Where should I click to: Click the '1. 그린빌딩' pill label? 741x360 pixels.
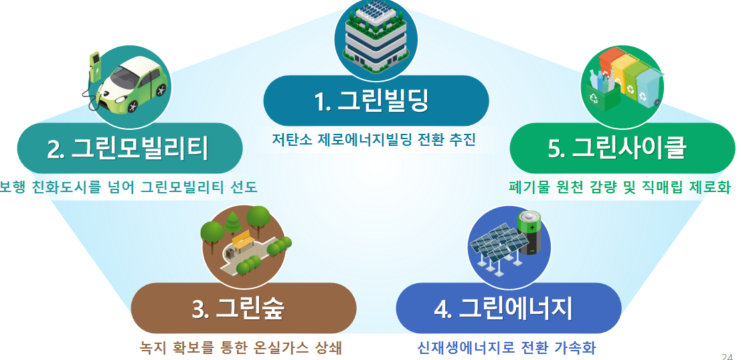pyautogui.click(x=376, y=101)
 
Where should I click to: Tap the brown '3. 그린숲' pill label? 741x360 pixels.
pyautogui.click(x=242, y=308)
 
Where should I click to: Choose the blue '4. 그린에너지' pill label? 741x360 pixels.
pyautogui.click(x=508, y=308)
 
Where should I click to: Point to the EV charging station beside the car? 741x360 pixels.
pyautogui.click(x=94, y=70)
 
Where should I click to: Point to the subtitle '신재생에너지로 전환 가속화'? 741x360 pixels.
pyautogui.click(x=507, y=348)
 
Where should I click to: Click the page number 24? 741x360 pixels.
pyautogui.click(x=727, y=355)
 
